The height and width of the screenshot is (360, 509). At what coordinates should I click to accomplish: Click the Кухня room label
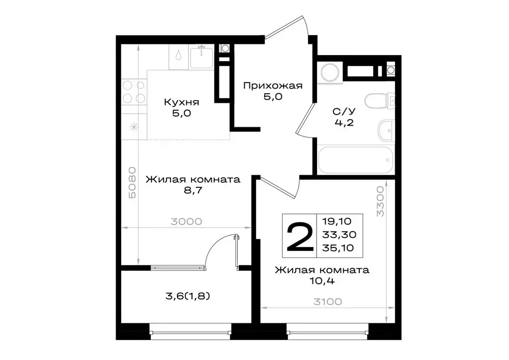181,102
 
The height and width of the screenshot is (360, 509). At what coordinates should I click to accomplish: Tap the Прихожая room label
272,86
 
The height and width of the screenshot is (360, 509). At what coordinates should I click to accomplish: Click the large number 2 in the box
300,234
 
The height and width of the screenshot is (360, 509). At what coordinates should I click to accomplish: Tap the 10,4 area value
322,280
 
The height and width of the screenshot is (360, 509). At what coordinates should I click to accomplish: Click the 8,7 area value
192,192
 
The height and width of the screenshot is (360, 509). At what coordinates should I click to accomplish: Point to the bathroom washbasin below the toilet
385,131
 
